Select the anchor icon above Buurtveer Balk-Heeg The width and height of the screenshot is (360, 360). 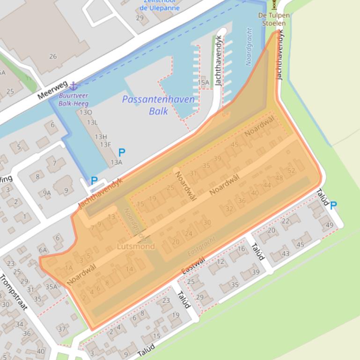73,86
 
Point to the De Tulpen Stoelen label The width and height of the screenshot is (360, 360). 274,19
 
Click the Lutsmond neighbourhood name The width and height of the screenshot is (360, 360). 136,246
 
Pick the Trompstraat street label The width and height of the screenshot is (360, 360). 14,293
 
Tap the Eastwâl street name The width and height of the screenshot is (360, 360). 193,266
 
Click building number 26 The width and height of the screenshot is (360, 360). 53,56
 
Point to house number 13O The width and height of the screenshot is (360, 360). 86,112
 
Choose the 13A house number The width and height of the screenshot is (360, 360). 116,162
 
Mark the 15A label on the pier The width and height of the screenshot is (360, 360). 203,83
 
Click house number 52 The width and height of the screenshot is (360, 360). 291,171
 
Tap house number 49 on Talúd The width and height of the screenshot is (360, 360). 329,225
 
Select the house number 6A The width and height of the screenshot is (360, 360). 43,250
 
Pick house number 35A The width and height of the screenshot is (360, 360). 51,287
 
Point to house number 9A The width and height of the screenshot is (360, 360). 46,193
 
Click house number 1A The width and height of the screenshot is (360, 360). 69,268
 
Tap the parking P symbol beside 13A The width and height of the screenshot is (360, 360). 122,152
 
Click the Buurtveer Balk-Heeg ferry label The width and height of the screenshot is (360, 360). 73,99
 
